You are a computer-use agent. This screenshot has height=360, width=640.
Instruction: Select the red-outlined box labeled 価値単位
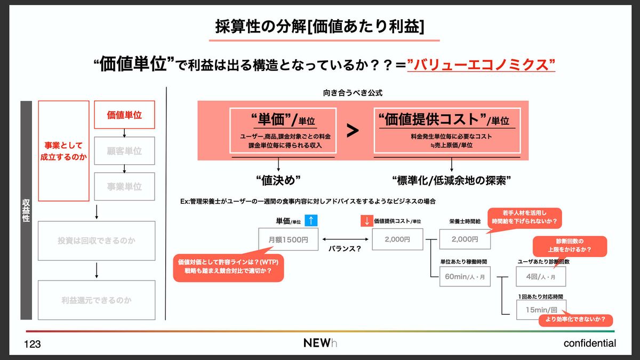pos(124,115)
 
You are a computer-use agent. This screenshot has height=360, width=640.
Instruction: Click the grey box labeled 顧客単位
pos(124,151)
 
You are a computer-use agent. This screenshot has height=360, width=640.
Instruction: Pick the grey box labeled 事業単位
pos(124,187)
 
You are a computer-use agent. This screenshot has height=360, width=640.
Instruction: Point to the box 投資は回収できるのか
pos(97,241)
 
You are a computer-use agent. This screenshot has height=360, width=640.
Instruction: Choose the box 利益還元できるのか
pos(97,300)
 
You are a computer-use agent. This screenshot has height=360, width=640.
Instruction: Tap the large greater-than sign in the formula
pos(353,131)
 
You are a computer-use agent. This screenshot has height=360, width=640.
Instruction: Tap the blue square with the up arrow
pos(311,220)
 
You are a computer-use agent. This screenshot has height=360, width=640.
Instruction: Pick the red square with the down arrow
pos(366,220)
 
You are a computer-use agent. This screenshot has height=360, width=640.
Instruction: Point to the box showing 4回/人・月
pos(541,277)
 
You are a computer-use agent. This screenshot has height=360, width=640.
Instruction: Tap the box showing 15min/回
pos(541,309)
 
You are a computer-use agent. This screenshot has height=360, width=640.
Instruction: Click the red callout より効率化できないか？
pos(575,320)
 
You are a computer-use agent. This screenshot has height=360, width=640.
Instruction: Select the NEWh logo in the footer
pos(320,343)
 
